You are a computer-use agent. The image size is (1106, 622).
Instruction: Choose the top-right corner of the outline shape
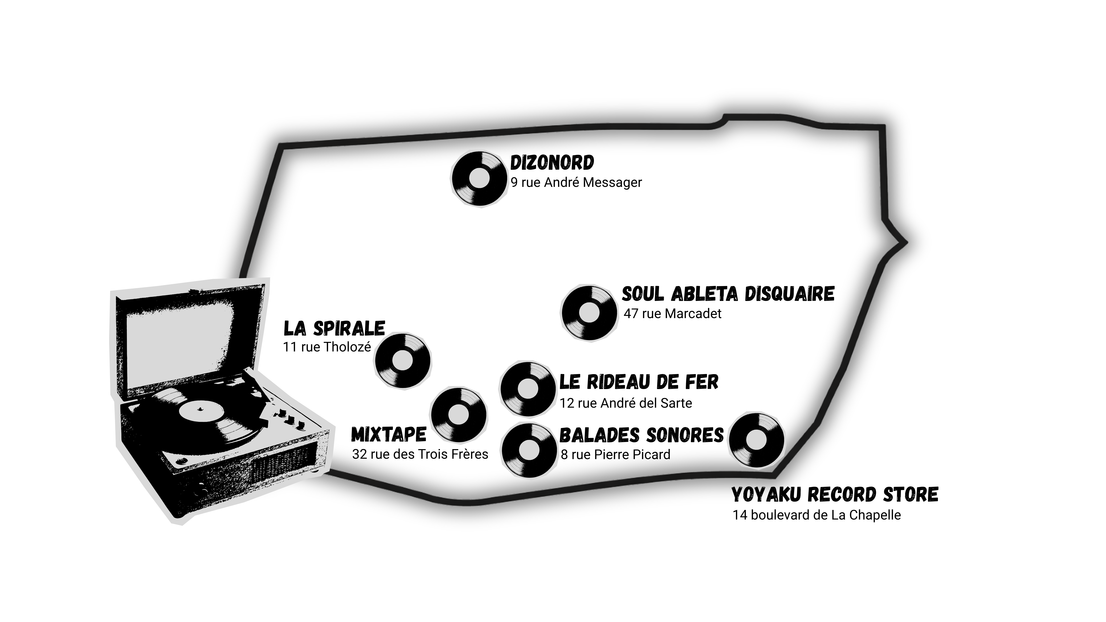pyautogui.click(x=884, y=126)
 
